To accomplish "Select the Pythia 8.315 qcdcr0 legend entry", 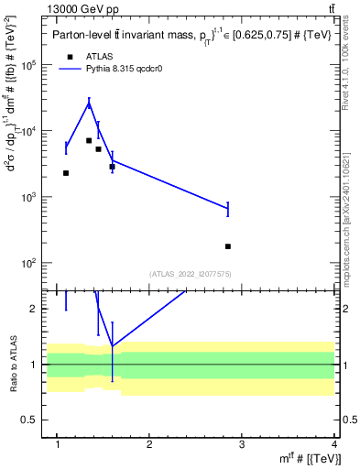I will point(119,69).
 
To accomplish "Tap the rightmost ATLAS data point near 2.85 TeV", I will point(228,246).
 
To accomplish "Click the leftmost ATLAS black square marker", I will point(66,173).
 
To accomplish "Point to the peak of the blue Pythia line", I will point(89,104).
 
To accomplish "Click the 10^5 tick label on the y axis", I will point(30,66).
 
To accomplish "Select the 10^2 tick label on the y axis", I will point(30,264).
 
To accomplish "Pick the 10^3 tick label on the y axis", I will point(30,198).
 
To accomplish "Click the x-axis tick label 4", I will point(334,445).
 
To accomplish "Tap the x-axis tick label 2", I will point(149,445).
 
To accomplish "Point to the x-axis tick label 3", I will point(242,445).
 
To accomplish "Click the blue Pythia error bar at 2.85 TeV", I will point(228,209).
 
